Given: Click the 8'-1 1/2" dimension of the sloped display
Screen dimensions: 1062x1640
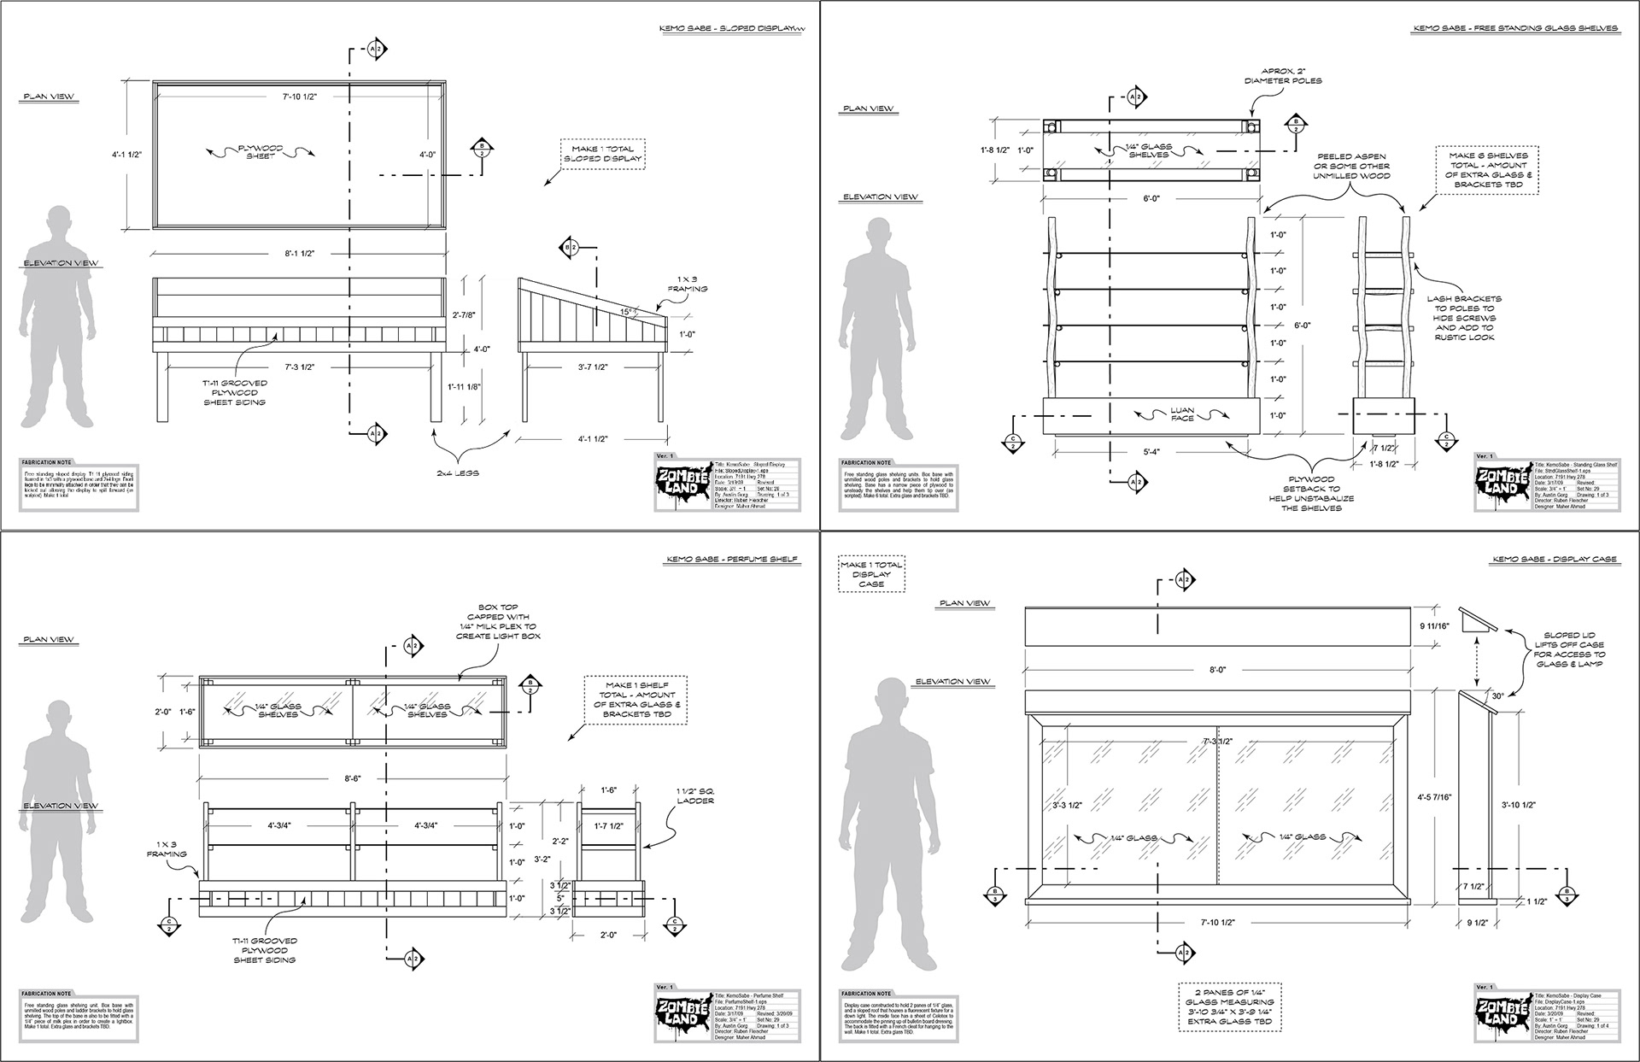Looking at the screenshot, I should [298, 255].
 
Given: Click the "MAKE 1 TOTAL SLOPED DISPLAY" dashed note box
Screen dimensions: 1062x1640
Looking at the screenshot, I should [602, 154].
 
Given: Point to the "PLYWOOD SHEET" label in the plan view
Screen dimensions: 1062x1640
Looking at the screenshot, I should [261, 153].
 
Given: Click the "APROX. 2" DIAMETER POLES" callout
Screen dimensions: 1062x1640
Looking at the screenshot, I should [1283, 76].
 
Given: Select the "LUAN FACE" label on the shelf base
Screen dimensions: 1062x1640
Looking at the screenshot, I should [1183, 415].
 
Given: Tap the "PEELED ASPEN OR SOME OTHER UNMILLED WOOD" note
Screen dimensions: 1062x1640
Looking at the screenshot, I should [1350, 166].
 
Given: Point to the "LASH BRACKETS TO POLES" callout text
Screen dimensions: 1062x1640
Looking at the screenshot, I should [1464, 318].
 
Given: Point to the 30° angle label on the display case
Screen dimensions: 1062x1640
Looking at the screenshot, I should [1497, 696].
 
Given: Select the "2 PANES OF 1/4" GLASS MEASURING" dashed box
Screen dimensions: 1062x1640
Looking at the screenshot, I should [1231, 1006].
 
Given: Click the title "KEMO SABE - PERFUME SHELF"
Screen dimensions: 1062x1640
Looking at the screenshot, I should [731, 560].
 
